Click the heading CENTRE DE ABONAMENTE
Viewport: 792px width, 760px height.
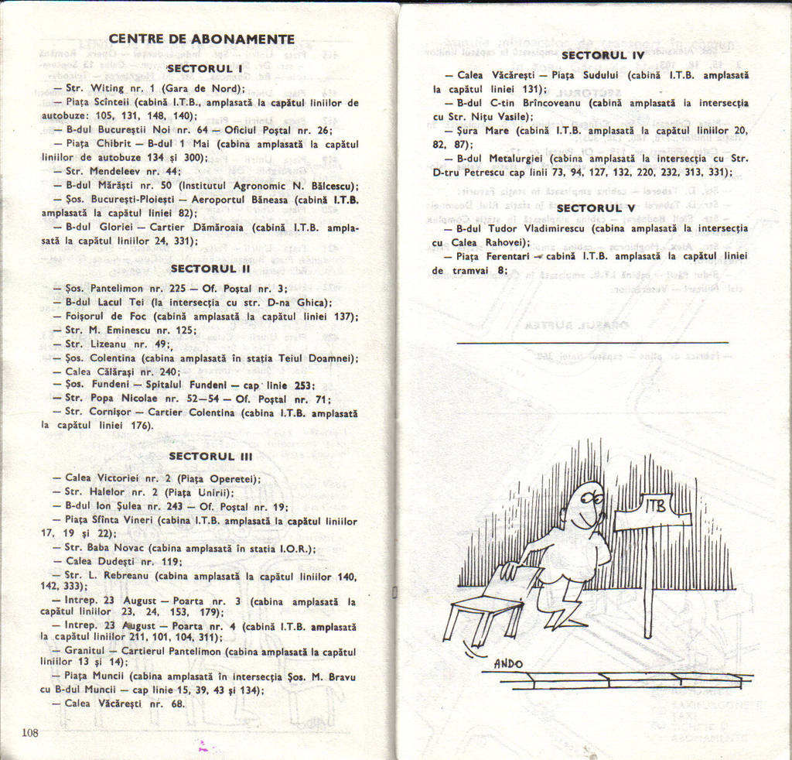click(201, 39)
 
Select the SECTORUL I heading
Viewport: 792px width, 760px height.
click(205, 69)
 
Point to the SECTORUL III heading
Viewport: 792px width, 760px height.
click(210, 456)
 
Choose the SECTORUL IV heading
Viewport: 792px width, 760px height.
click(602, 55)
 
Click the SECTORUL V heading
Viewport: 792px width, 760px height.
click(596, 207)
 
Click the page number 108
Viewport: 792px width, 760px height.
click(30, 732)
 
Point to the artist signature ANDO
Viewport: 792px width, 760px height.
click(508, 663)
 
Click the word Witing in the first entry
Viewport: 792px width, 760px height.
click(108, 88)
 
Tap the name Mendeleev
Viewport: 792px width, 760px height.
click(117, 171)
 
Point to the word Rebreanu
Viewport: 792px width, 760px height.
click(122, 577)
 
